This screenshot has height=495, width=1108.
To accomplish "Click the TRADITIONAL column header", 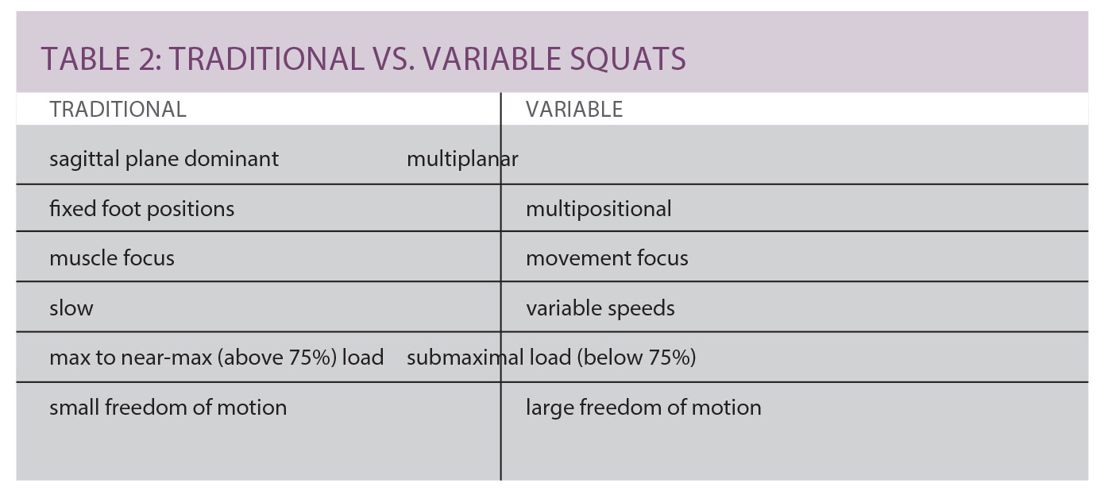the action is (x=118, y=110).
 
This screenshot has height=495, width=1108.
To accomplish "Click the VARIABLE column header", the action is (x=573, y=110).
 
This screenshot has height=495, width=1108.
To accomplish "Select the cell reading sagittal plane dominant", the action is (x=164, y=160).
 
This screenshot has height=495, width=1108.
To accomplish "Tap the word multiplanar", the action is (x=462, y=160).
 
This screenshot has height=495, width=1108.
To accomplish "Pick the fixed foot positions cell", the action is (x=141, y=209).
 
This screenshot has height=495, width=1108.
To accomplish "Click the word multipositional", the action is (x=599, y=209).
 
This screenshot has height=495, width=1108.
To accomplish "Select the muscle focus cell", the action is (x=112, y=258).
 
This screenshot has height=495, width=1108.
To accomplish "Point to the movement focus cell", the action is (x=607, y=258).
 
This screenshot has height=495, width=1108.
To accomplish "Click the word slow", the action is (x=71, y=308).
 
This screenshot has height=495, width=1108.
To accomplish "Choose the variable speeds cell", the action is (x=600, y=308).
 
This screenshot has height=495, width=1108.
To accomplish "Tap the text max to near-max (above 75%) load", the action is (x=217, y=358).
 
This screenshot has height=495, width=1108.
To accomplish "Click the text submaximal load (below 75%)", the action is (x=551, y=358).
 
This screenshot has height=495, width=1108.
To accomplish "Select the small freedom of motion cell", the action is (x=168, y=408).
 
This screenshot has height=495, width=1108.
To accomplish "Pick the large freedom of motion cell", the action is (x=643, y=408).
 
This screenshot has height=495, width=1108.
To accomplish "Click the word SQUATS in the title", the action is (x=627, y=59).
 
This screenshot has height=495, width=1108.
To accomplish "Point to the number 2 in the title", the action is (x=146, y=59).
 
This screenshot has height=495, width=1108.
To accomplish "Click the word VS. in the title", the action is (x=394, y=59).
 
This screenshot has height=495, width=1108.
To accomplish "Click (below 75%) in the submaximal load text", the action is (x=636, y=358).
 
